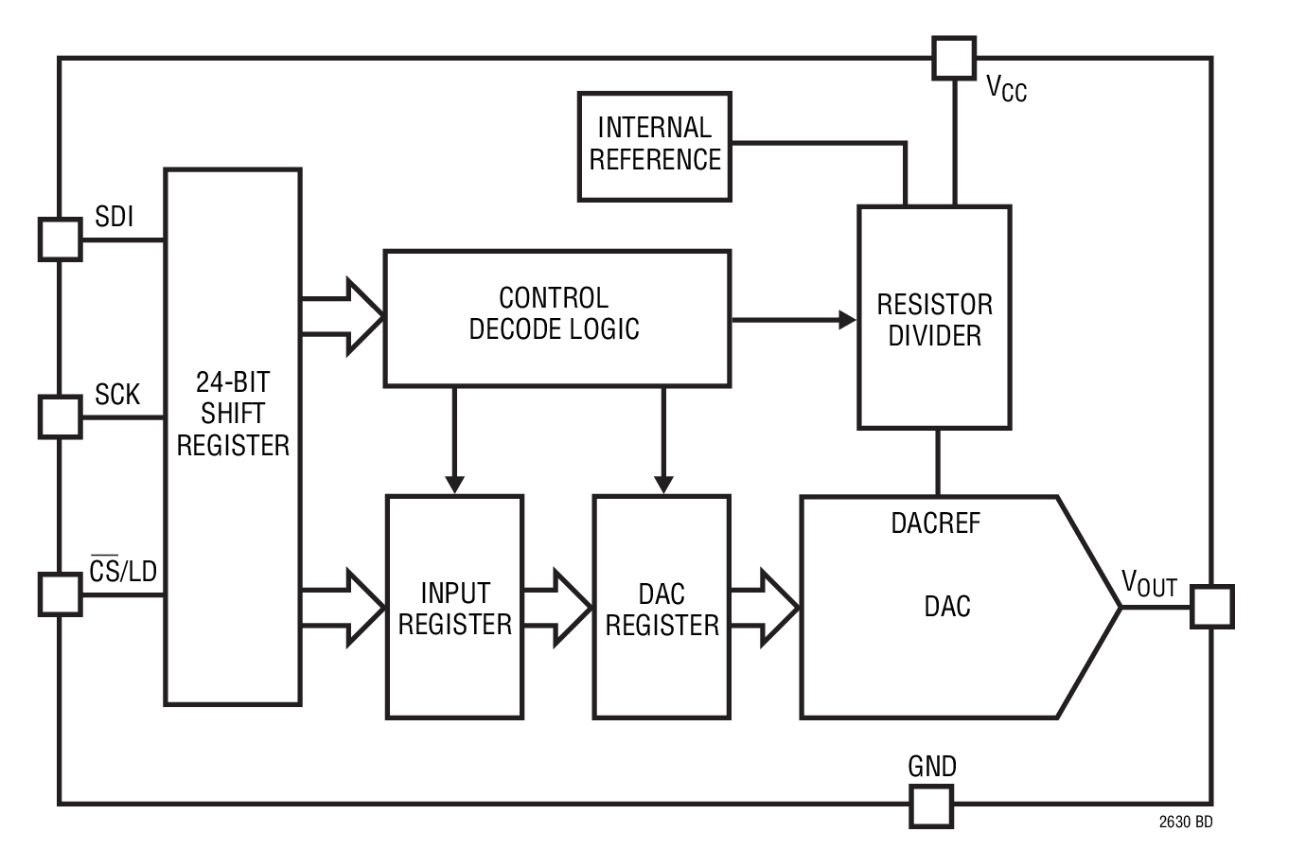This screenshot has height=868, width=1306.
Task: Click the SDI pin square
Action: point(60,239)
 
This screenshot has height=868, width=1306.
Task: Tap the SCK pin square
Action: point(60,416)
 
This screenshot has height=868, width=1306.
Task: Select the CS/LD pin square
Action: point(60,593)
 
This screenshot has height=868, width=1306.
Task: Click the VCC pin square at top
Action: point(953,58)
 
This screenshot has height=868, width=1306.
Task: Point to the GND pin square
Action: point(931,806)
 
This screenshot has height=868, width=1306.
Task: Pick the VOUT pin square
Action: point(1211,606)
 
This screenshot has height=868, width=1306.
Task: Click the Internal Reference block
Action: point(654,146)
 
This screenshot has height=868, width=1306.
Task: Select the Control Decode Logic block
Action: point(556,317)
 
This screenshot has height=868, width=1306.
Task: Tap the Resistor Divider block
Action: point(934,318)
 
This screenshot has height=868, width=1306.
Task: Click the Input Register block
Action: point(454,607)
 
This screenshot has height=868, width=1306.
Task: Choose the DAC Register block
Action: point(662,607)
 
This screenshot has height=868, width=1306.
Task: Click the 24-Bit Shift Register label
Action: point(233,414)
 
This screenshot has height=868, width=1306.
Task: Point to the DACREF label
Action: point(935,523)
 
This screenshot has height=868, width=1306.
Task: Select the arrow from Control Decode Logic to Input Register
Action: point(454,440)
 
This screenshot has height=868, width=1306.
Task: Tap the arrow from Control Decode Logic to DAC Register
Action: point(663,440)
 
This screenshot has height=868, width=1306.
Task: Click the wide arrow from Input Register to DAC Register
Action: point(558,607)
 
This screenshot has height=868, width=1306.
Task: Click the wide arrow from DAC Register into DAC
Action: point(766,607)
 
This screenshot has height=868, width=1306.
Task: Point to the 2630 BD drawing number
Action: point(1185,822)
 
